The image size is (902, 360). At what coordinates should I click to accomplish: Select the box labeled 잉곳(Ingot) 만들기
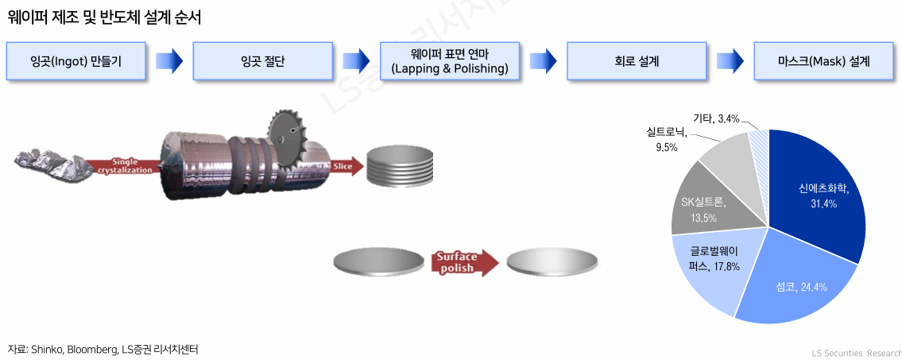[75, 60]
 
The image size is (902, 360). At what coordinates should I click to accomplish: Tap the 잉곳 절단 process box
[262, 60]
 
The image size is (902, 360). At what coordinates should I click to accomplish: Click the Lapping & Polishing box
[449, 60]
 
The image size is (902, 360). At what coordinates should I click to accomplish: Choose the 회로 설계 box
[636, 60]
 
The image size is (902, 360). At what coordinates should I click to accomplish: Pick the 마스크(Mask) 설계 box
[823, 60]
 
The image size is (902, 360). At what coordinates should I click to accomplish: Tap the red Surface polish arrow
[463, 261]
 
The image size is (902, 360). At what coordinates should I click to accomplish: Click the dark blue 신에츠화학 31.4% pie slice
[819, 195]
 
